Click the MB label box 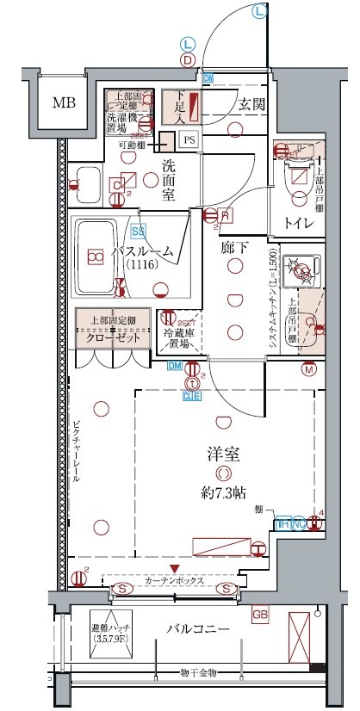pyautogui.click(x=64, y=103)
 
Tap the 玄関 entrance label pyautogui.click(x=251, y=105)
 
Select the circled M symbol pyautogui.click(x=309, y=370)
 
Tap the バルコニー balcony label pyautogui.click(x=198, y=630)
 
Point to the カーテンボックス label pyautogui.click(x=175, y=582)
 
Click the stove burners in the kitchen pyautogui.click(x=301, y=269)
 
